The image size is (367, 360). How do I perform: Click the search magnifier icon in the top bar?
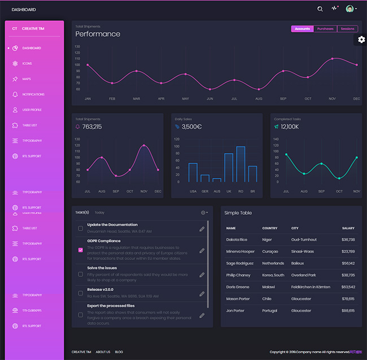pos(320,9)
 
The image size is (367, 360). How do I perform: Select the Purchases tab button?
pos(325,29)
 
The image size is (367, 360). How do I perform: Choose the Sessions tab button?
pos(347,29)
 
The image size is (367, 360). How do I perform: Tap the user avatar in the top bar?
pos(349,9)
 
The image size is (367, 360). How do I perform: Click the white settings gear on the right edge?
pos(361,40)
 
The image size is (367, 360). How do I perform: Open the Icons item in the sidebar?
pos(27,63)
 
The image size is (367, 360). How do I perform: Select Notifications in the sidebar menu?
pos(33,94)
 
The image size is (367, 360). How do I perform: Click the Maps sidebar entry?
pos(27,79)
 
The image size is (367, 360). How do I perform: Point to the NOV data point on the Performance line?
pos(332,59)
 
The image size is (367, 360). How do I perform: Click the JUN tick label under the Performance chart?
pos(210,99)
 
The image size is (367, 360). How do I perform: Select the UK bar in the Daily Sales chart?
pos(229,167)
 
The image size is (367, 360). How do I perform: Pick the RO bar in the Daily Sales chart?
pos(241,164)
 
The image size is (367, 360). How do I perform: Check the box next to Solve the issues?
pos(80,275)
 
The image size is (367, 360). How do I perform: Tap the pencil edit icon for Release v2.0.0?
pos(202,294)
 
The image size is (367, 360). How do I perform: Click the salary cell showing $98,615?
pos(348,310)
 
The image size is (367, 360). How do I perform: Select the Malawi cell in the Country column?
pos(269,287)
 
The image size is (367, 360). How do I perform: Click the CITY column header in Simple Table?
pos(295,228)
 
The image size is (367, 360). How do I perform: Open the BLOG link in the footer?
pos(119,352)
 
